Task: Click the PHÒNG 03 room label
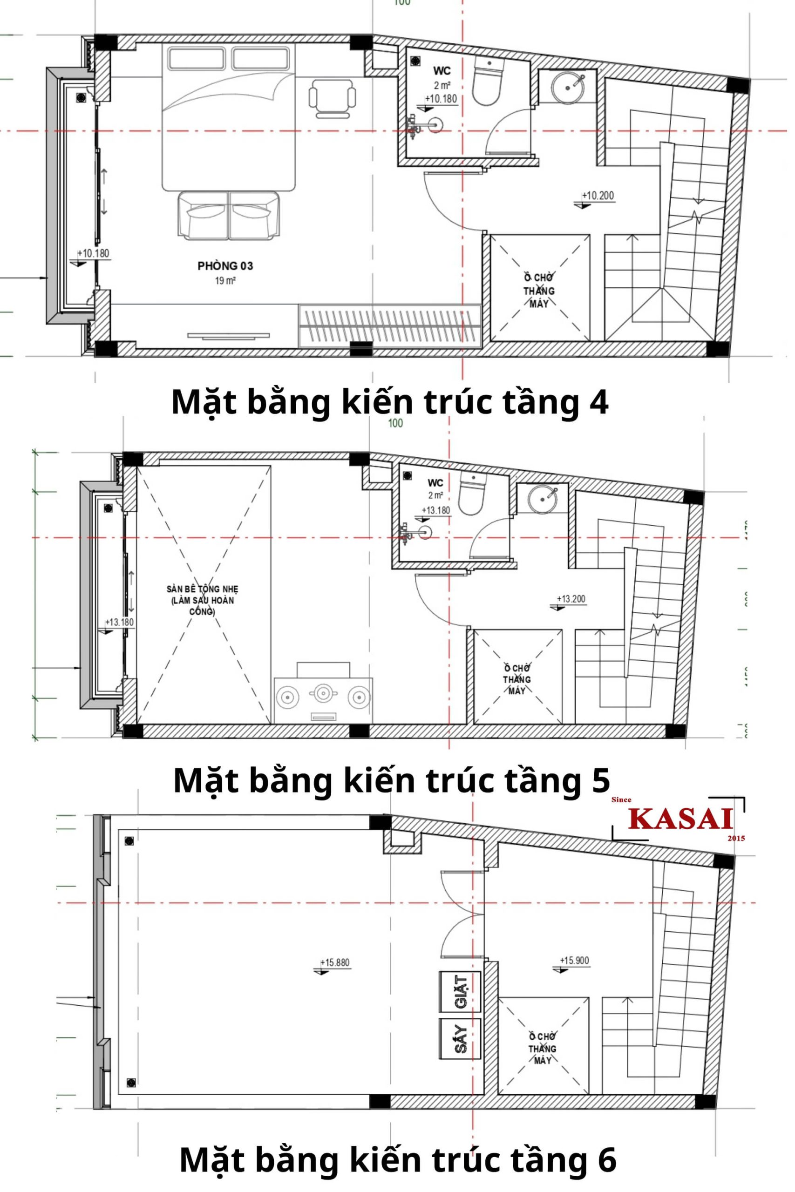click(225, 265)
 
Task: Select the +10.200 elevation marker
click(598, 196)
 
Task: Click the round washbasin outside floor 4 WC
click(567, 88)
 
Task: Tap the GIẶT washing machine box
click(460, 992)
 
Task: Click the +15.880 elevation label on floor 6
click(335, 962)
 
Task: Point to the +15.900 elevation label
click(574, 961)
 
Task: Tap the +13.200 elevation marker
click(571, 599)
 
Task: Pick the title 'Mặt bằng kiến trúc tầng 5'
click(391, 780)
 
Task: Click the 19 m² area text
click(225, 281)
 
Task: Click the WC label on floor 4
click(442, 70)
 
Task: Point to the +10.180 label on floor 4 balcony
click(93, 253)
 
